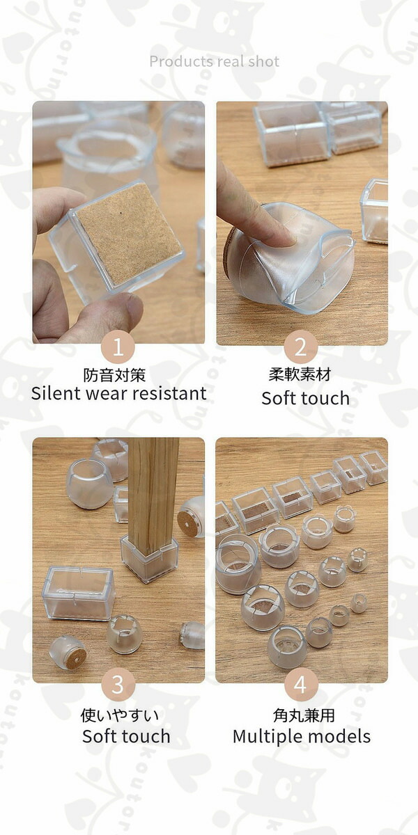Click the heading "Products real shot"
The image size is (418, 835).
tap(215, 61)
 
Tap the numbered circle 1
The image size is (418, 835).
tap(118, 347)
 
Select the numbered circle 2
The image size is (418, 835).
tap(301, 347)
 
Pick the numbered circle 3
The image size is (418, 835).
tap(118, 685)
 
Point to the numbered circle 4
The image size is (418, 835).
tap(301, 685)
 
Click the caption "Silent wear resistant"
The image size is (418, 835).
tap(118, 394)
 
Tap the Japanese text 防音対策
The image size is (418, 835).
tap(114, 375)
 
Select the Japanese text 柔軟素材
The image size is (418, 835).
tap(300, 374)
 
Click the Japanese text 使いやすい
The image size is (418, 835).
tap(120, 715)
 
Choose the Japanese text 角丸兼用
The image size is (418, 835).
tap(304, 715)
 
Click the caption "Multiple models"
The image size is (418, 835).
tap(302, 737)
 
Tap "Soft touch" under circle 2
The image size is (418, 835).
tap(306, 399)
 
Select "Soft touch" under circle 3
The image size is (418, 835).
tap(126, 737)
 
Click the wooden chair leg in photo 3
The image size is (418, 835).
tap(153, 492)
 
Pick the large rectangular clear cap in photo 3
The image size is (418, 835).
tap(78, 593)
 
